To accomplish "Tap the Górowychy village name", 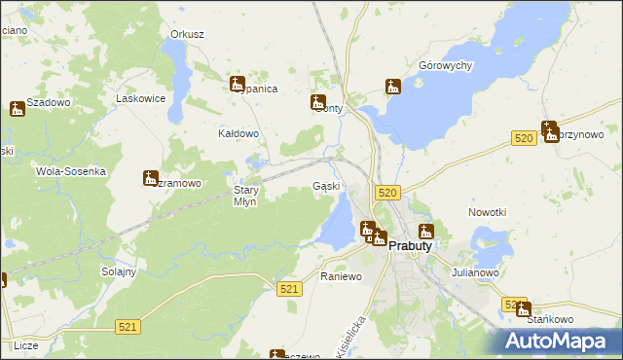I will point(445,66).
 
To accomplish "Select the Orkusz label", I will point(187,34).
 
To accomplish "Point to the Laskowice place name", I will point(137,98).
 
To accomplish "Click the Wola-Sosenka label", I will point(70,171).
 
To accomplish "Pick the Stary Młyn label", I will point(245,197).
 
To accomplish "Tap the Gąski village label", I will point(326,186).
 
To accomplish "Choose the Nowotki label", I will point(488,212).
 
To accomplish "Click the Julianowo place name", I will point(475,273).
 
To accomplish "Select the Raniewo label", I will point(342,277).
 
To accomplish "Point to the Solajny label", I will point(118,271).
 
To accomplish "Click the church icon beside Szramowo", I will point(150,177).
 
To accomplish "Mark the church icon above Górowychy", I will point(393,87).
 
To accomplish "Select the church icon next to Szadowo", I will point(17,109).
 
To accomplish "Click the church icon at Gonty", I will point(318,102).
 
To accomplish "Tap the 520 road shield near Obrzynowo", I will point(524,140).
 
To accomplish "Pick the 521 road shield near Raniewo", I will point(288,290).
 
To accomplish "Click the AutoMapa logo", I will point(560,340).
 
